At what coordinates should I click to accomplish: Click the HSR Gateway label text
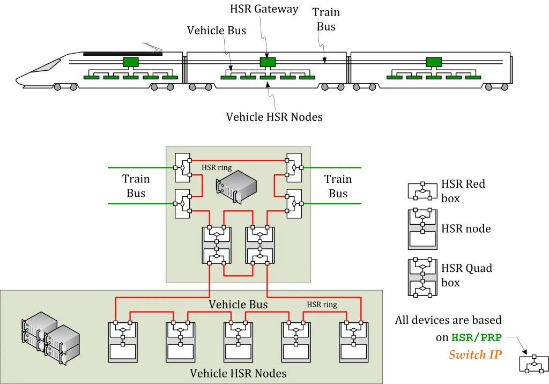(264, 9)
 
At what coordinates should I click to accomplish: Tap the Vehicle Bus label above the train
(217, 31)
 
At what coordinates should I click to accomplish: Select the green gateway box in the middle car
(268, 62)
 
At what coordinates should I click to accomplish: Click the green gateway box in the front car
(131, 62)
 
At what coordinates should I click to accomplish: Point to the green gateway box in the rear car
(434, 62)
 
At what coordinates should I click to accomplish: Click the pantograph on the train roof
(152, 47)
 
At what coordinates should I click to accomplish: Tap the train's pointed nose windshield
(47, 66)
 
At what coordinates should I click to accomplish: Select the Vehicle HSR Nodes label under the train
(274, 117)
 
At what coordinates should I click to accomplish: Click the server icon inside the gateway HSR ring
(236, 187)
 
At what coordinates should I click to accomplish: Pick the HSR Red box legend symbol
(422, 191)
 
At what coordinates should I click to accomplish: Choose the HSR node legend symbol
(422, 229)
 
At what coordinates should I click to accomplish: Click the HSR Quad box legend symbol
(422, 277)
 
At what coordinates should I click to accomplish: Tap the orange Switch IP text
(475, 355)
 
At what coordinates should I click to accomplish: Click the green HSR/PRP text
(477, 337)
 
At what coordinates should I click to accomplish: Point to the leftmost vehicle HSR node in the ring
(123, 341)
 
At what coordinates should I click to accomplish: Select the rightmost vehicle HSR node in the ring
(354, 341)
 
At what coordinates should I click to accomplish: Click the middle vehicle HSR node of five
(238, 341)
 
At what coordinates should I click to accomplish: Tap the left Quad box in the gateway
(217, 245)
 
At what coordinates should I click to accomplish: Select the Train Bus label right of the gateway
(338, 186)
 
